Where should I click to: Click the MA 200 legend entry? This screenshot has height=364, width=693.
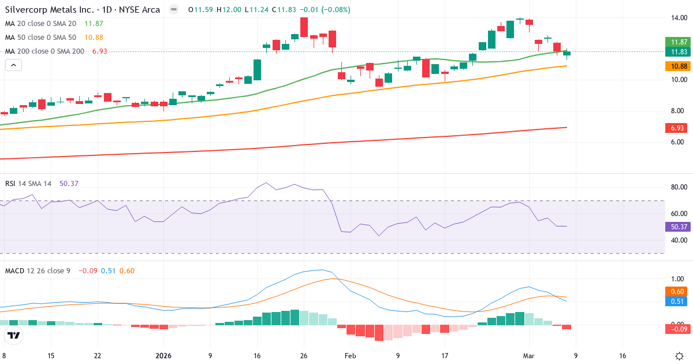[x=44, y=51]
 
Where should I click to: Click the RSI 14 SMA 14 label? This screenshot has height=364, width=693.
[x=28, y=183]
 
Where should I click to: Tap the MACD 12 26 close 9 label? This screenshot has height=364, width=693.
[x=38, y=270]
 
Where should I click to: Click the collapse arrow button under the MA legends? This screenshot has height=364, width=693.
[x=13, y=65]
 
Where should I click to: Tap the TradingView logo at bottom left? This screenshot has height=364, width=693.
[x=14, y=336]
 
